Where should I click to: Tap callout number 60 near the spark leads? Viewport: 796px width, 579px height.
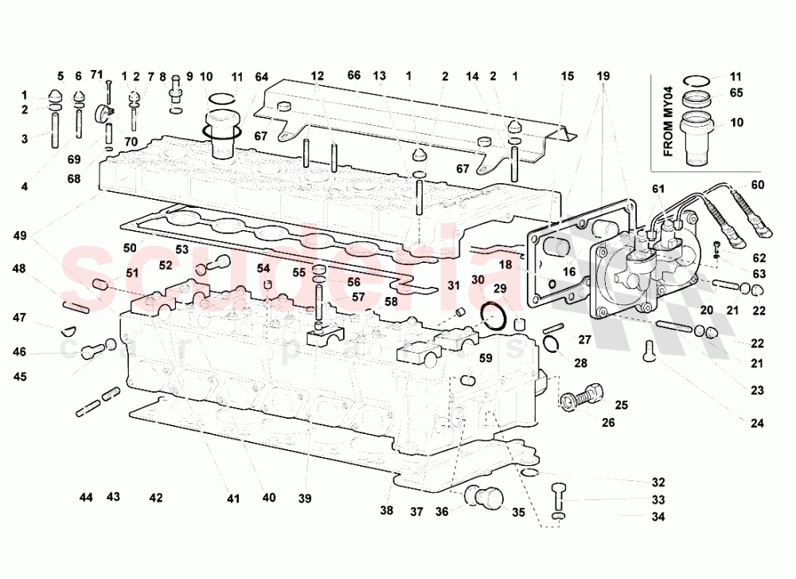tap(757, 186)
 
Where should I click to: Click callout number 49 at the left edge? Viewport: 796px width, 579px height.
tap(20, 235)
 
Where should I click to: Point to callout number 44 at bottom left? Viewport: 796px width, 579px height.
tap(87, 497)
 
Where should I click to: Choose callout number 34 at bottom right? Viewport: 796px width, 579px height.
tap(657, 517)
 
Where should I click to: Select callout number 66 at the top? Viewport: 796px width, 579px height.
tap(354, 76)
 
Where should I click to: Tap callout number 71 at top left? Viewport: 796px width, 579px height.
tap(97, 75)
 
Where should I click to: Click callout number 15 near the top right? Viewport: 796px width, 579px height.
tap(567, 76)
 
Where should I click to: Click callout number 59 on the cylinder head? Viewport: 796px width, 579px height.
tap(485, 358)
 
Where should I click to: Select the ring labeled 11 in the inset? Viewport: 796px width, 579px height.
tap(699, 80)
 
